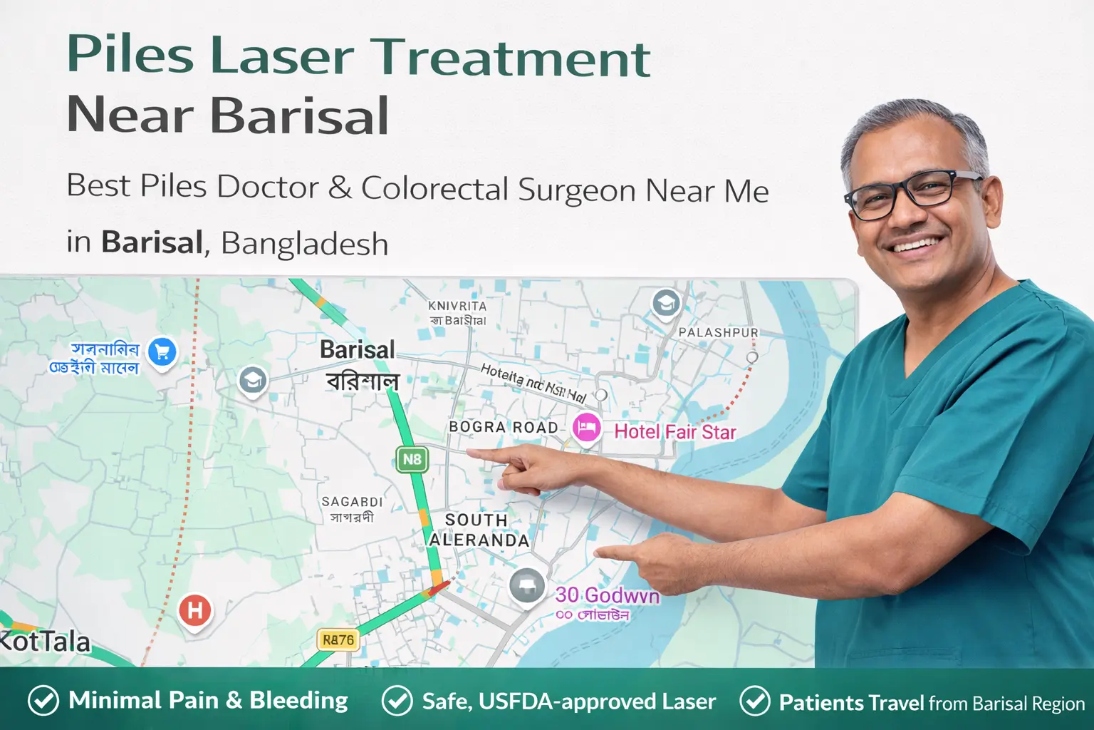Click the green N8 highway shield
coord(412,459)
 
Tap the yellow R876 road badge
coord(338,640)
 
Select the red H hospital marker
coord(194,610)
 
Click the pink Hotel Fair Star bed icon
coord(586,428)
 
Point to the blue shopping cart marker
coord(162,352)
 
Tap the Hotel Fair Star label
coord(674,432)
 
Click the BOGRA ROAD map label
coord(503,427)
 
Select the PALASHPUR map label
coord(718,332)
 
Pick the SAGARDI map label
coord(352,502)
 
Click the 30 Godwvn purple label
coord(607,595)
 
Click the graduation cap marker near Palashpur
coord(666,304)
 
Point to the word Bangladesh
coord(305,243)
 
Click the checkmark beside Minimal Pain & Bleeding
coord(43,701)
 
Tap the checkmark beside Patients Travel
coord(755,701)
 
